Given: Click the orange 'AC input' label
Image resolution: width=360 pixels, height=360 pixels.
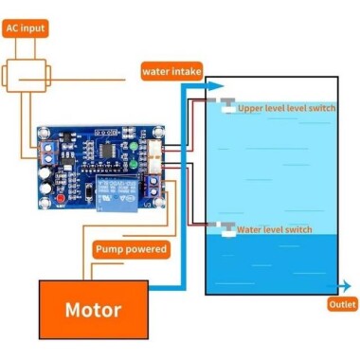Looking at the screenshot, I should [x=26, y=29].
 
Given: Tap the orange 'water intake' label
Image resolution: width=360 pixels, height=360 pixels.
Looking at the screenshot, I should [x=169, y=70].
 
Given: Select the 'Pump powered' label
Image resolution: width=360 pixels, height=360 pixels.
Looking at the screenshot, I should [x=131, y=249].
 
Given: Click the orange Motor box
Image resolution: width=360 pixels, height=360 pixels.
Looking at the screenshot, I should [x=93, y=310].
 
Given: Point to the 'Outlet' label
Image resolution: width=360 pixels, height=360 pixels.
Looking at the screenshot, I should [x=342, y=304].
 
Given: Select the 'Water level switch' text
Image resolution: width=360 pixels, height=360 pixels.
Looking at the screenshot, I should [x=274, y=229].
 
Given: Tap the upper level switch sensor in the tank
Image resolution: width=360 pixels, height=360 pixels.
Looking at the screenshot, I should [x=225, y=106].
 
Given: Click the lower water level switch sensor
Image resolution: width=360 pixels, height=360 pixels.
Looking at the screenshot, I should [x=225, y=227].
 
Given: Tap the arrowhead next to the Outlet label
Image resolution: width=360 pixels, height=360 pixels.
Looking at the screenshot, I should [x=333, y=284].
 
